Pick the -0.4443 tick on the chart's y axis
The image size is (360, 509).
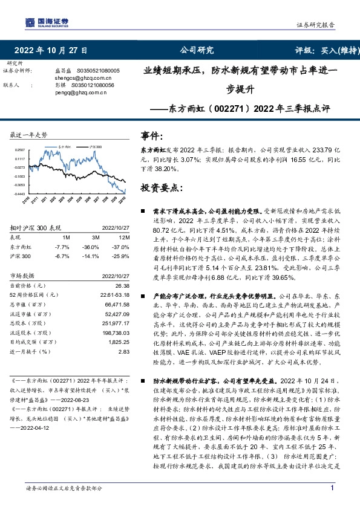pos(20,193)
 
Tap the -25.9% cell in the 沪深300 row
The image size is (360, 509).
pos(122,256)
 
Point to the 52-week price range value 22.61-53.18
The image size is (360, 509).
pos(114,295)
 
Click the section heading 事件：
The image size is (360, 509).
pos(152,136)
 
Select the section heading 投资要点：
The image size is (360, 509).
pos(162,188)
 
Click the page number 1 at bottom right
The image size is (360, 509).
pos(332,488)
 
